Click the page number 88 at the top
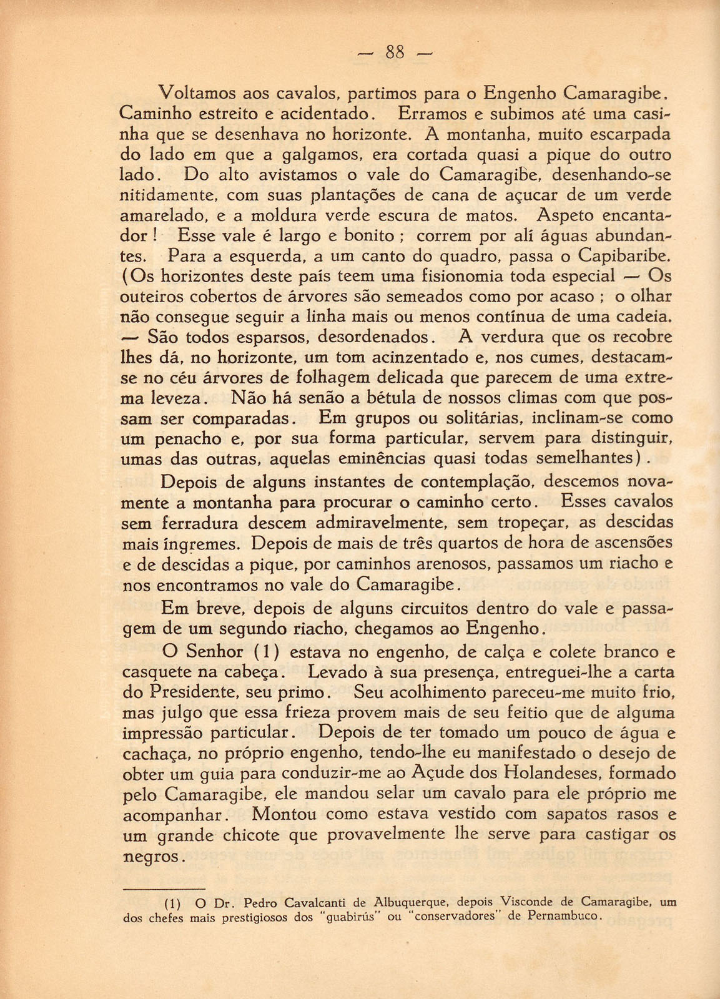coord(395,52)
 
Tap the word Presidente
coord(190,692)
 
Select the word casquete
coord(152,672)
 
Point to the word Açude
coord(436,774)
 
